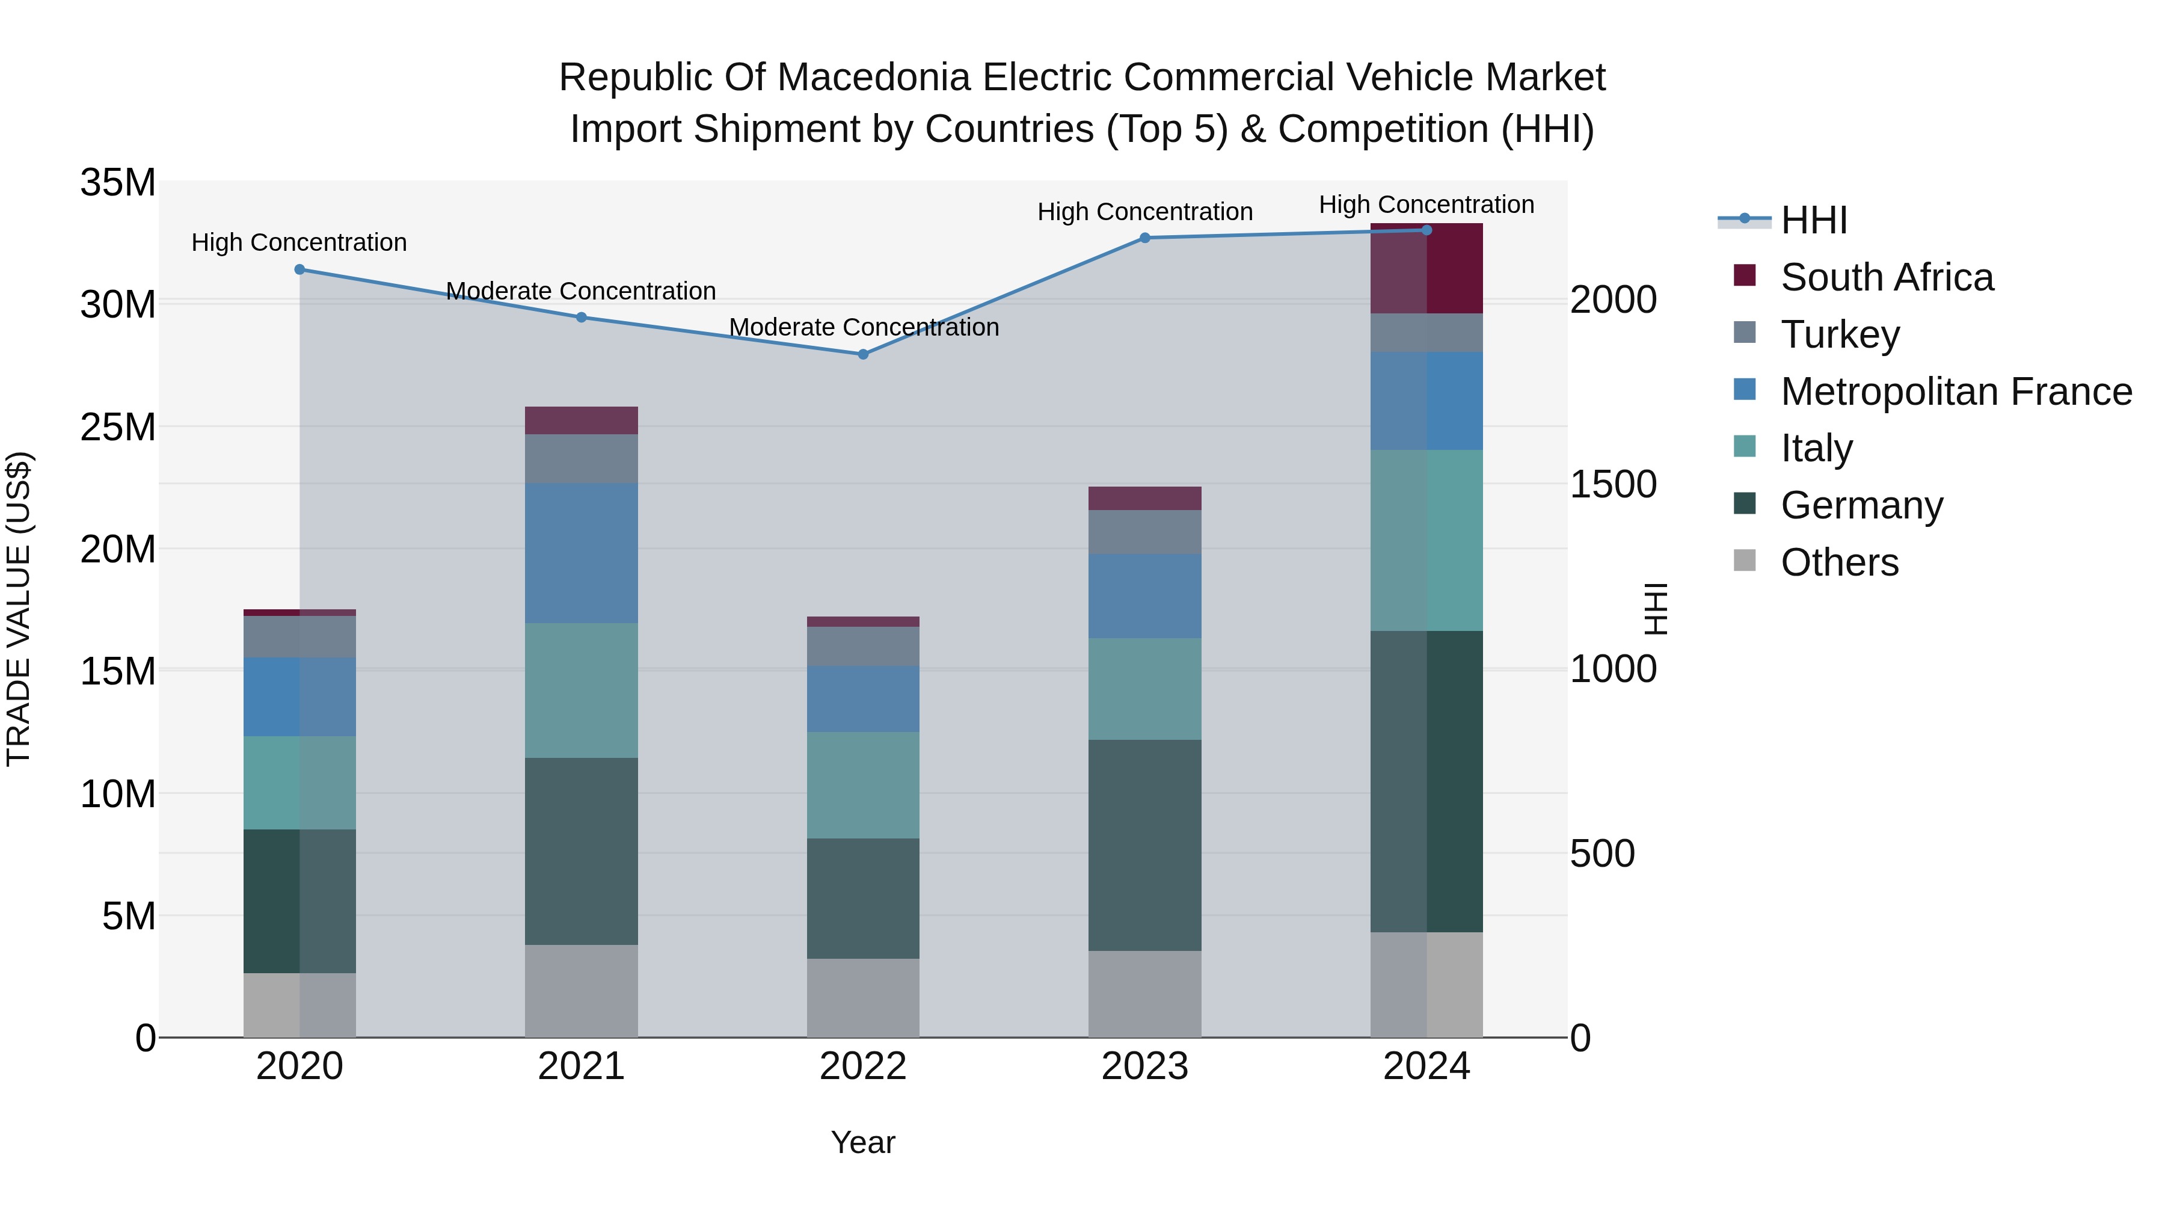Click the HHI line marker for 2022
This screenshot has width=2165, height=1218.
pos(862,355)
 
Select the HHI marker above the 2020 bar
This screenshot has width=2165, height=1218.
pos(299,270)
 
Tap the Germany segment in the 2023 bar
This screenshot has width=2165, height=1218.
pos(1144,845)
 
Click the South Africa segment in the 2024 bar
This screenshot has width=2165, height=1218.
pos(1426,269)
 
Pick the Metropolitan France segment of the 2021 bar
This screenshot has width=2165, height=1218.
pos(581,553)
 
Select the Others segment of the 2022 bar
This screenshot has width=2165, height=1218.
pos(862,998)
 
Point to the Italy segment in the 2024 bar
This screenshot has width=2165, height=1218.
pos(1426,541)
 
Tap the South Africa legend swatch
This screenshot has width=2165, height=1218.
pos(1745,275)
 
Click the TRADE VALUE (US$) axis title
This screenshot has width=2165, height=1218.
pos(19,609)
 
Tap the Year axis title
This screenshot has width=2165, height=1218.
pos(862,1142)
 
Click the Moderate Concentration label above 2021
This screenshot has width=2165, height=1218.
pos(581,291)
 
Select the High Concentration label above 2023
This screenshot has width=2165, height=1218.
pos(1144,212)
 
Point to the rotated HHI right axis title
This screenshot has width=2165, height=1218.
pos(1655,609)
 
